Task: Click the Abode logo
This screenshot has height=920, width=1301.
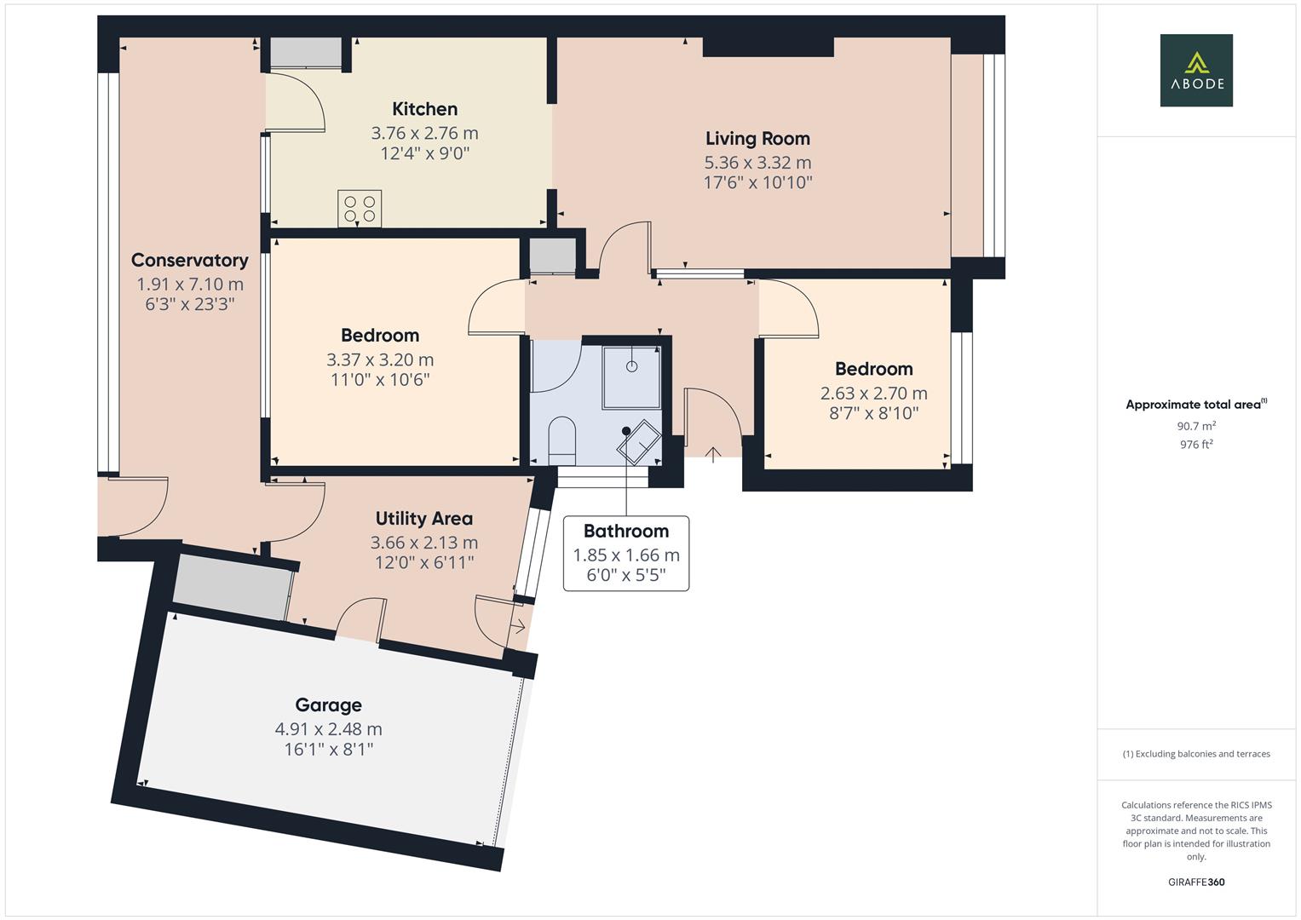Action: [1195, 70]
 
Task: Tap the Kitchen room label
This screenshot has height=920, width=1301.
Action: [424, 109]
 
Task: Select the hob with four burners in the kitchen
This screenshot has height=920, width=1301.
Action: [360, 207]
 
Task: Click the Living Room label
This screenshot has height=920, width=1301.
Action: [757, 139]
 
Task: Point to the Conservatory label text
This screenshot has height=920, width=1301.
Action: [189, 261]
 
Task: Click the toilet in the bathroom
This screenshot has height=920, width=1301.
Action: [561, 438]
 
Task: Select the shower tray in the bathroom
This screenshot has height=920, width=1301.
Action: [631, 376]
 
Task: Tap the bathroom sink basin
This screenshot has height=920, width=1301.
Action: [638, 442]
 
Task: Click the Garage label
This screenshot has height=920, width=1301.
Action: [328, 705]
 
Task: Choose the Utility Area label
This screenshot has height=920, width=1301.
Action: [423, 519]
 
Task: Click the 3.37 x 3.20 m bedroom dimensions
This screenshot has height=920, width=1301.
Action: [380, 359]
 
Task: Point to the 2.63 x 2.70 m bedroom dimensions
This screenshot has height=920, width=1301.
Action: [873, 393]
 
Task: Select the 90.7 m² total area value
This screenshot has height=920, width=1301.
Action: [1195, 426]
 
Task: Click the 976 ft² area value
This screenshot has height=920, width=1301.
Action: [1195, 445]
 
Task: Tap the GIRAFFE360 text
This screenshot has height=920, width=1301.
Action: [1195, 882]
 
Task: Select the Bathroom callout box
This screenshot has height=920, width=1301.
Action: [626, 554]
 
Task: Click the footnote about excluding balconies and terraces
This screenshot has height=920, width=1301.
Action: [1195, 754]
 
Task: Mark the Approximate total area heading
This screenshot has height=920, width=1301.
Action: [1195, 405]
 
